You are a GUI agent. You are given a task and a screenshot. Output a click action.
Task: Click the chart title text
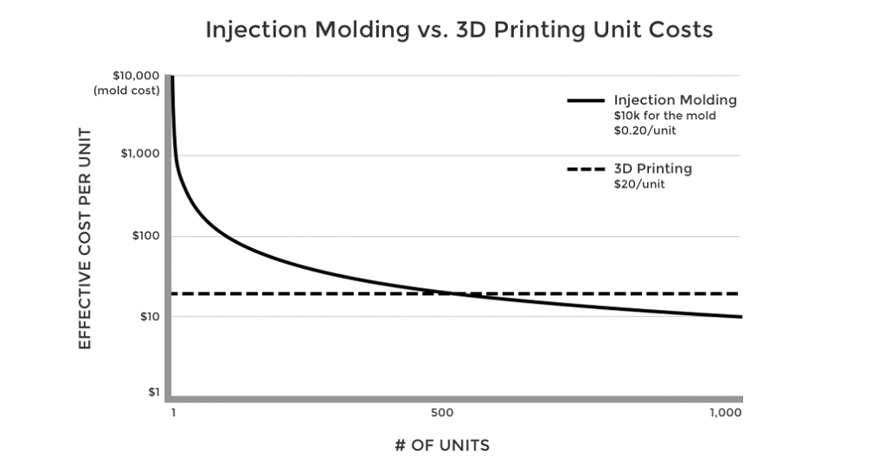[459, 30]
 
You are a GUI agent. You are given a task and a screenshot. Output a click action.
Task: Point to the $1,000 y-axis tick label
[139, 155]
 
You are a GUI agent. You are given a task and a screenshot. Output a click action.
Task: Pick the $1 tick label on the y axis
[152, 392]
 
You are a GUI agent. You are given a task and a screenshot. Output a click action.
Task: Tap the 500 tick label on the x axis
[441, 413]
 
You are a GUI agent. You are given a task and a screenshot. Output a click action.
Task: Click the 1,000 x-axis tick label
[726, 413]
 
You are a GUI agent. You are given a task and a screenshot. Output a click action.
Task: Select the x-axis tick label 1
[173, 413]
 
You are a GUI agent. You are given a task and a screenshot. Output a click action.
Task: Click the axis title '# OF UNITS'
[442, 446]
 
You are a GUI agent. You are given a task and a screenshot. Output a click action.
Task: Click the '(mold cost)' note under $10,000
[127, 91]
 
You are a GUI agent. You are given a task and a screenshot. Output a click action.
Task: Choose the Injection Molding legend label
[675, 100]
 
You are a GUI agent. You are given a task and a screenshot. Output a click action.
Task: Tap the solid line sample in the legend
[585, 100]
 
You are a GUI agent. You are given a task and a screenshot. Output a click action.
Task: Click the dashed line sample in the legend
[585, 169]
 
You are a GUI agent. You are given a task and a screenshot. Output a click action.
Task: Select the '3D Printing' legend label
[652, 169]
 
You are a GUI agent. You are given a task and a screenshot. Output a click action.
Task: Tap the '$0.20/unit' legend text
[645, 130]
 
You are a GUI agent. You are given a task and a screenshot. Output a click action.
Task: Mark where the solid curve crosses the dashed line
[453, 293]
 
